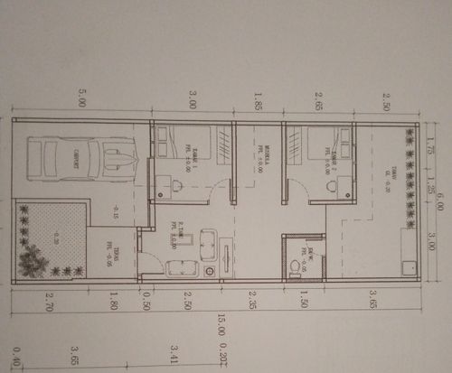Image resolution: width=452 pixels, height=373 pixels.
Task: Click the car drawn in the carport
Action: pyautogui.click(x=81, y=158)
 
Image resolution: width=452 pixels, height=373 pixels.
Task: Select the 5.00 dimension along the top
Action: pyautogui.click(x=83, y=98)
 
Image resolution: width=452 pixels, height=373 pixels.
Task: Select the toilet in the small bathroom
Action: pyautogui.click(x=295, y=267)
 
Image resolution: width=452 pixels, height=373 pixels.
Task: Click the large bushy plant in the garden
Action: pyautogui.click(x=33, y=259)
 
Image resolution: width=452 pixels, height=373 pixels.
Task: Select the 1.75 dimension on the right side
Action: pyautogui.click(x=431, y=144)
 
